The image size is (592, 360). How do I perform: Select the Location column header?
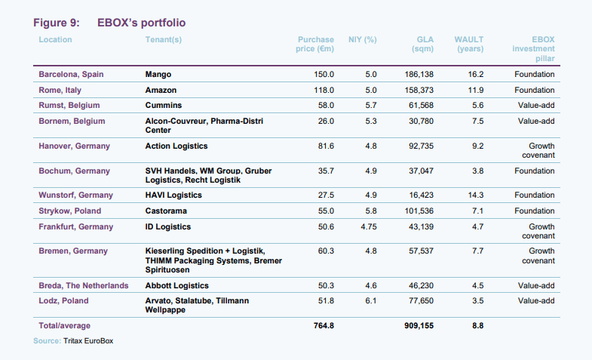pos(55,39)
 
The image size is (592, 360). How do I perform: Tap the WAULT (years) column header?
pos(469,44)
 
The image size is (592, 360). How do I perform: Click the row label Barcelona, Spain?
pos(71,75)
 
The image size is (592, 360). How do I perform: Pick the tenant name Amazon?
pos(161,90)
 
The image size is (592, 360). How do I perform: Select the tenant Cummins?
pos(163,106)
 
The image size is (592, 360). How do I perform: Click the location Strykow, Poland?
pos(70,211)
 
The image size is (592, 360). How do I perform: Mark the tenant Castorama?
pos(166,211)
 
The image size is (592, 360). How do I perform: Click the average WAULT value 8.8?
pos(477,326)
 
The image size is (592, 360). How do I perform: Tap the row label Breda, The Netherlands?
pos(83,285)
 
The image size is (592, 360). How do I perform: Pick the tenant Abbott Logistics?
pos(176,285)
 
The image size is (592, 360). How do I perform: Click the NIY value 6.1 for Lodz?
pos(370,300)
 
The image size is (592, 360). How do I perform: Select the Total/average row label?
pos(64,326)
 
